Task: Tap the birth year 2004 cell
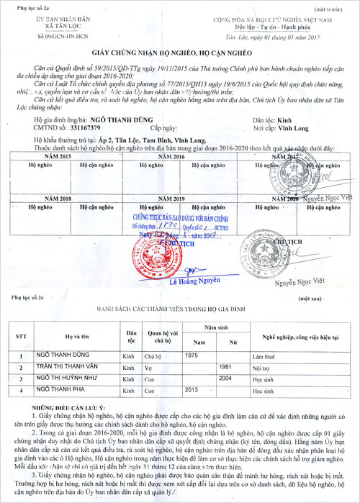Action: point(225,377)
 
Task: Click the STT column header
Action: point(21,335)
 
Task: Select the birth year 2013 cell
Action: point(192,389)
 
